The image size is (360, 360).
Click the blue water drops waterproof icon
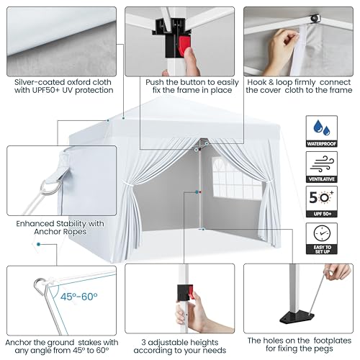click(x=322, y=127)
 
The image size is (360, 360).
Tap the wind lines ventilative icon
click(x=322, y=164)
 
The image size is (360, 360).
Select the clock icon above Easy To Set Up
click(x=322, y=233)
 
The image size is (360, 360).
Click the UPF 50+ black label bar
click(x=322, y=214)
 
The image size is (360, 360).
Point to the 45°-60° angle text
click(x=78, y=297)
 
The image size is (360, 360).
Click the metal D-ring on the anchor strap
click(x=48, y=187)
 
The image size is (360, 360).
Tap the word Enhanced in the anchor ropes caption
click(x=35, y=223)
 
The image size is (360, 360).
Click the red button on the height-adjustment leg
click(x=191, y=292)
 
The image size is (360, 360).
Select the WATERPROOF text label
click(x=322, y=144)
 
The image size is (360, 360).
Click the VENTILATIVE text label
click(x=322, y=179)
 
